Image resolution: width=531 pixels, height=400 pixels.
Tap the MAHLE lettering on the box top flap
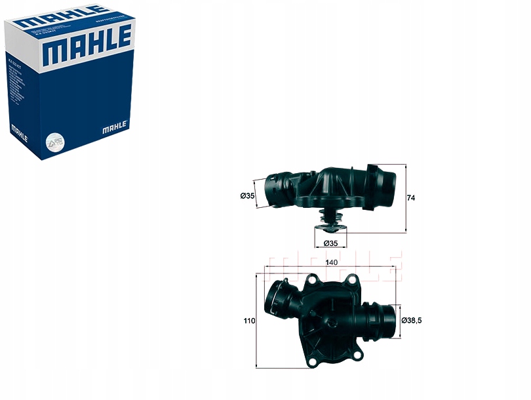pyautogui.click(x=62, y=14)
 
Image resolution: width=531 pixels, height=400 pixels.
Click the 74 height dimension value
pyautogui.click(x=412, y=197)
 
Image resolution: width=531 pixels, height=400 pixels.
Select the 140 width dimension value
pyautogui.click(x=332, y=262)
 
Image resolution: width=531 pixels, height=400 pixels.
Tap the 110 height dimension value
pyautogui.click(x=248, y=321)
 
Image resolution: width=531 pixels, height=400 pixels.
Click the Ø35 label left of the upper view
pyautogui.click(x=246, y=195)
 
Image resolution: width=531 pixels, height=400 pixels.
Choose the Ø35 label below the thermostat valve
pyautogui.click(x=330, y=243)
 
